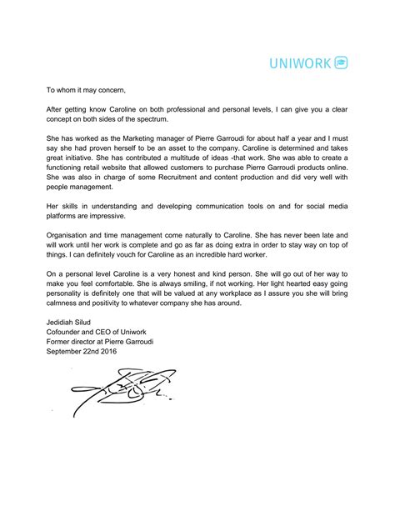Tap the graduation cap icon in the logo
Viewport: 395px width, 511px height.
click(342, 63)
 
